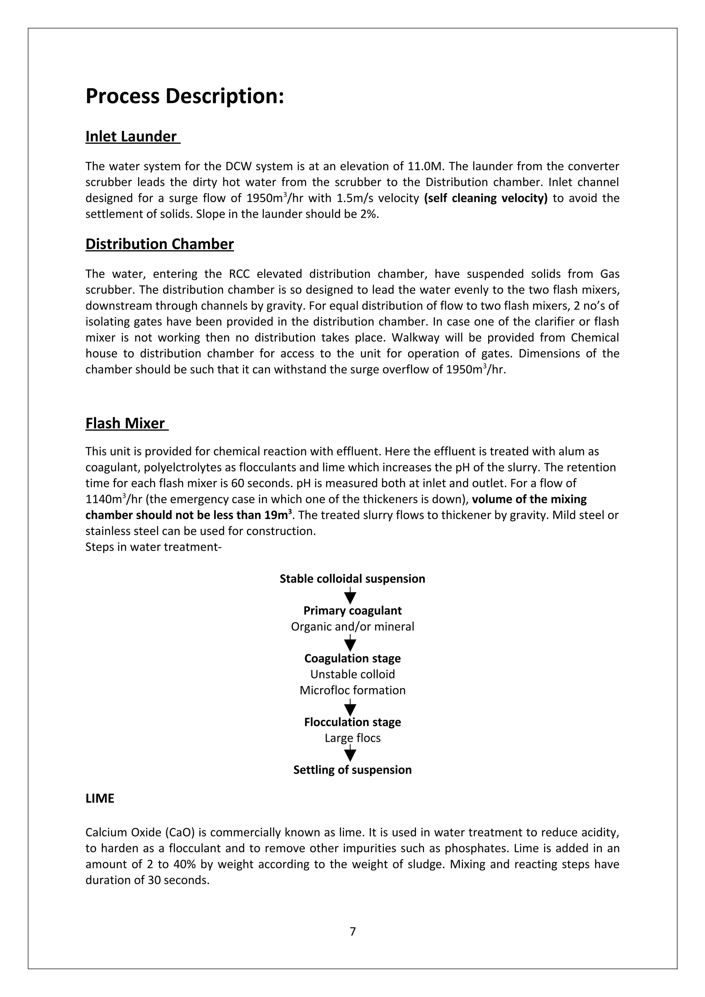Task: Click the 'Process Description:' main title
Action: tap(185, 96)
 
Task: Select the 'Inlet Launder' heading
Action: tap(131, 136)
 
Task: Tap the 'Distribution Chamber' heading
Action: tap(159, 244)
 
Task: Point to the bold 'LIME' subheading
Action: tap(100, 798)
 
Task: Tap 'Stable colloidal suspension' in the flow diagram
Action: tap(352, 579)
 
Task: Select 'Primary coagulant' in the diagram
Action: tap(352, 611)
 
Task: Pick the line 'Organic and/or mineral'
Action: tap(352, 626)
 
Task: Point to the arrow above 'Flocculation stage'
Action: tap(350, 707)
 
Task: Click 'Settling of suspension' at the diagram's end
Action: tap(352, 770)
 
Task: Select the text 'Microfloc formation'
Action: tap(352, 690)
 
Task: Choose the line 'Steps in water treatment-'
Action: tap(153, 547)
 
